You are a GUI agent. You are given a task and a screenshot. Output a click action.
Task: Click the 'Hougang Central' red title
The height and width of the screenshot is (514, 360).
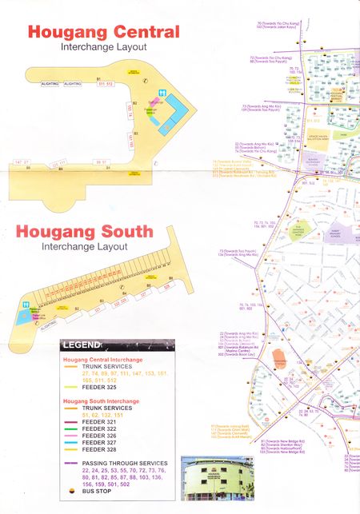point(103,33)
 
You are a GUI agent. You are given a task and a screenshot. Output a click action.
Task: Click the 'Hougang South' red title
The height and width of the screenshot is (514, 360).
point(84,233)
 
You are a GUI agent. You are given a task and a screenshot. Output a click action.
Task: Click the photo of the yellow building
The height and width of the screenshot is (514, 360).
point(211,482)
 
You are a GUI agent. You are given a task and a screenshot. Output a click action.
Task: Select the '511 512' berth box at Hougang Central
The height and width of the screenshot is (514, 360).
point(106,83)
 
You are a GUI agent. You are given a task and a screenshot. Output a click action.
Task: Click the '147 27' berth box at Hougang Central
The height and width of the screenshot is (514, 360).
point(22,163)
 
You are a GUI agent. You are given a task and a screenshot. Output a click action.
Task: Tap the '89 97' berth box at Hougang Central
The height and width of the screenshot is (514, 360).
point(101,162)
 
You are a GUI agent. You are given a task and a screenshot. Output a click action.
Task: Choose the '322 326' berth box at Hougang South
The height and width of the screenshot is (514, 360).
point(120,305)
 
